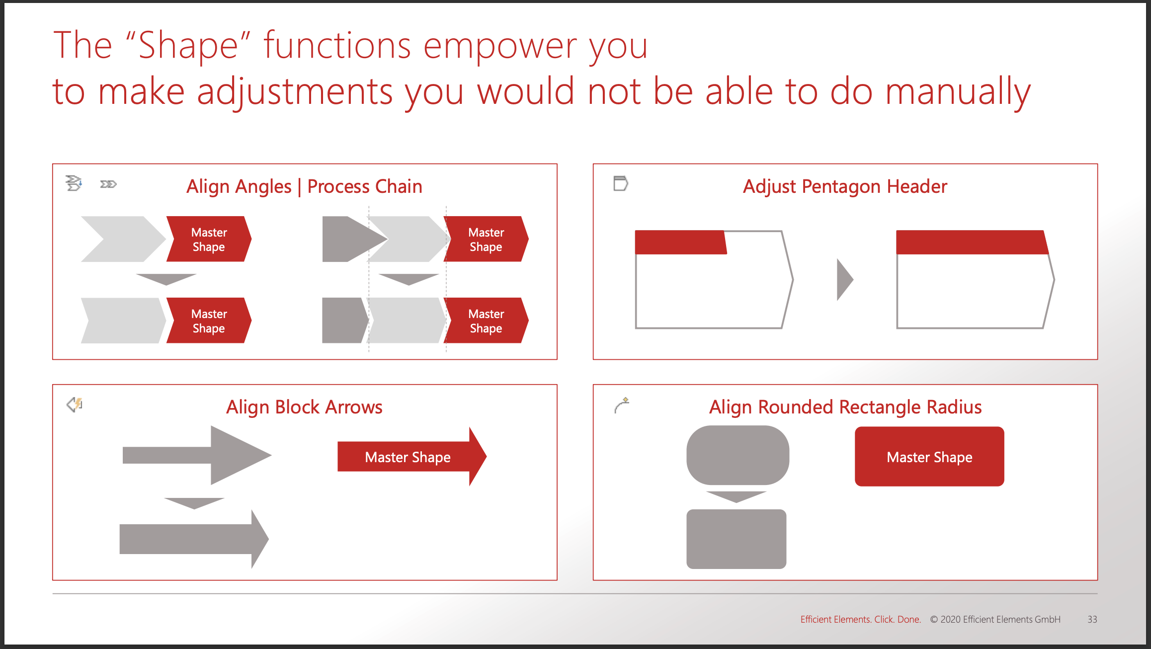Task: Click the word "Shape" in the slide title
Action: click(188, 46)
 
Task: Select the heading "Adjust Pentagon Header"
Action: click(845, 186)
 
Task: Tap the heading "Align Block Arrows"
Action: click(304, 407)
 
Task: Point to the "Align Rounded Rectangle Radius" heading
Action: click(845, 407)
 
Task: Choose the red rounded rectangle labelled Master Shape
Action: click(929, 457)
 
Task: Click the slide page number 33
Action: click(1092, 619)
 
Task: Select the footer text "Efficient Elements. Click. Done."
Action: click(860, 619)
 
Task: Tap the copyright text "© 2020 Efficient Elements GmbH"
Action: click(995, 619)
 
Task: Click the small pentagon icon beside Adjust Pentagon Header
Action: click(620, 183)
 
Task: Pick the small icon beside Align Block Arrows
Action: click(75, 405)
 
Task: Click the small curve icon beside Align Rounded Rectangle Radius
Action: click(621, 406)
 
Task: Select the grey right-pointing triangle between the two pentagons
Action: click(844, 280)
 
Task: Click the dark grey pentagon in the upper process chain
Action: click(348, 239)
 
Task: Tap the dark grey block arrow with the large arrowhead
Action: click(199, 455)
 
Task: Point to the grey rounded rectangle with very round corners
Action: click(738, 455)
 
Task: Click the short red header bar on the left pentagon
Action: click(680, 243)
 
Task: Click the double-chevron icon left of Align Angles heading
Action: click(108, 184)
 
